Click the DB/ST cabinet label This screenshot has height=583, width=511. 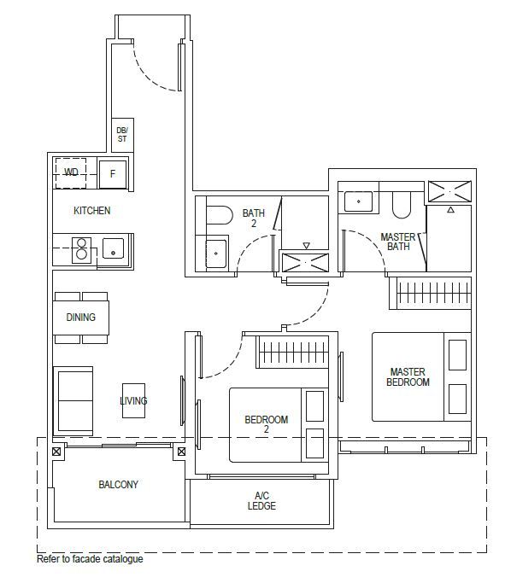point(122,135)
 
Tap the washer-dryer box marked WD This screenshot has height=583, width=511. point(71,173)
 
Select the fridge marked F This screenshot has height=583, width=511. point(113,173)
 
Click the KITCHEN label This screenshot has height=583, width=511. point(92,211)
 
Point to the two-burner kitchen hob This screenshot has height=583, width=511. point(81,250)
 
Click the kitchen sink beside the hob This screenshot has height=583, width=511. point(113,248)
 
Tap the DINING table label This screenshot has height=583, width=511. point(81,318)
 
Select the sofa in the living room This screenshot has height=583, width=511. point(73,401)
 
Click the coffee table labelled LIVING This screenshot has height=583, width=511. point(133,400)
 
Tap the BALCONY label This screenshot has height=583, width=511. point(119,485)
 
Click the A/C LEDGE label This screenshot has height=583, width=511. point(261,501)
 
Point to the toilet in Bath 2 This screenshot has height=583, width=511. point(220,214)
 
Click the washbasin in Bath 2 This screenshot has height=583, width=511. point(216,254)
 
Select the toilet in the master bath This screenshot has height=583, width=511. point(402,205)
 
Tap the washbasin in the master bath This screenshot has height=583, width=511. point(358,201)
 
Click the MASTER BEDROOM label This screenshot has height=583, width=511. point(408,377)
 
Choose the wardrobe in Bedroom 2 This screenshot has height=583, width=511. point(292,352)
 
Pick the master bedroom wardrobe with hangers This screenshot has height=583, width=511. point(430,293)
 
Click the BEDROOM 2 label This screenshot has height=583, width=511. point(267,424)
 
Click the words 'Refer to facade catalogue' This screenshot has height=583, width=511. point(90,559)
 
